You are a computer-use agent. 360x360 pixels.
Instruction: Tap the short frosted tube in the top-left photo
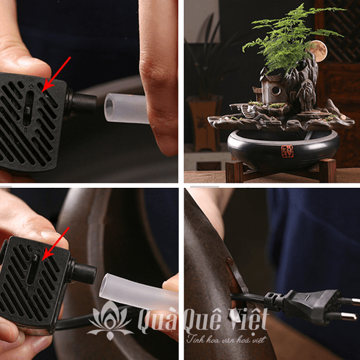pos(125,108)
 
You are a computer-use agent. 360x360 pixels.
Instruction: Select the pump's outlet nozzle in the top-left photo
pos(83,101)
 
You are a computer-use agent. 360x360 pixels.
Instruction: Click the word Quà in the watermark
pos(158,321)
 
